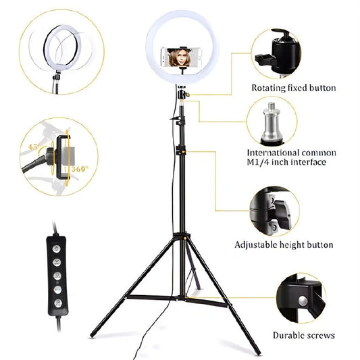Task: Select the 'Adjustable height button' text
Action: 292,245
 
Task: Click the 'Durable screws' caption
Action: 303,335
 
